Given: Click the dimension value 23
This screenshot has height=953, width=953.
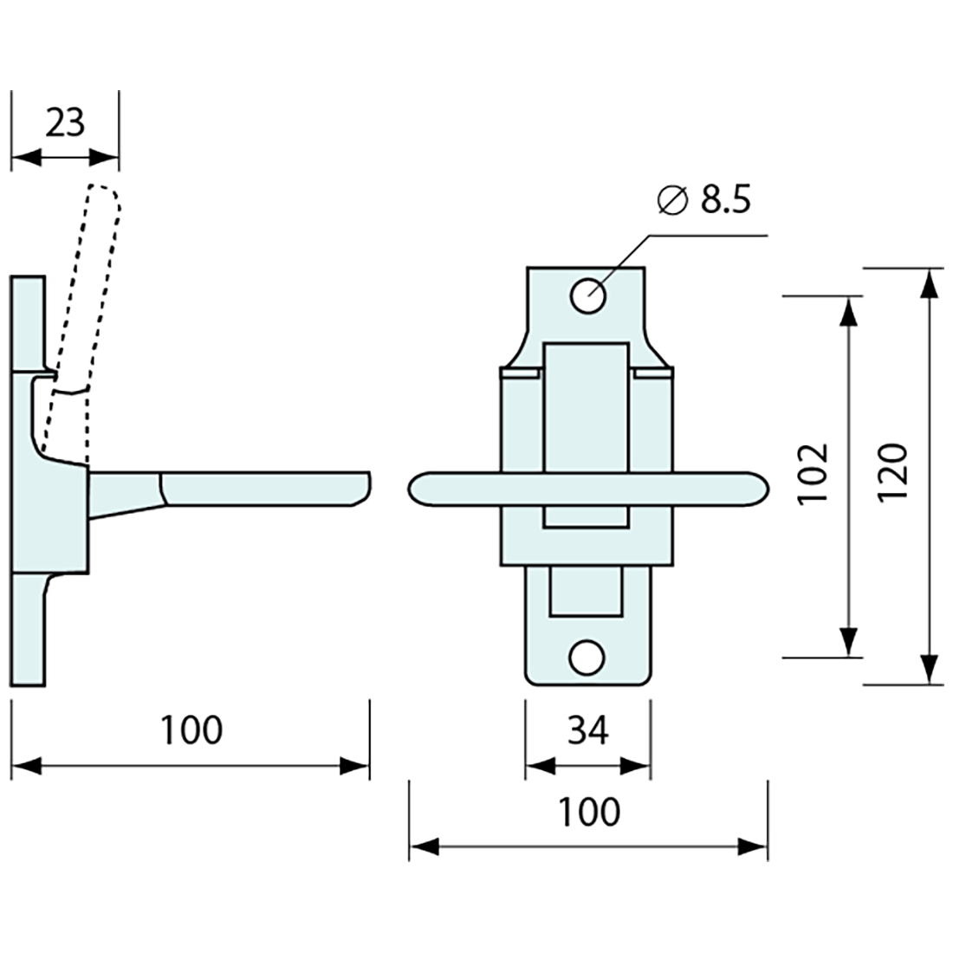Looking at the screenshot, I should click(65, 123).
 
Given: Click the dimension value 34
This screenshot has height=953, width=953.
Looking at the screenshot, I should click(588, 732).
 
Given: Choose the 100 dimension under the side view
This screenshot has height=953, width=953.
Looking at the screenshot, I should click(191, 730).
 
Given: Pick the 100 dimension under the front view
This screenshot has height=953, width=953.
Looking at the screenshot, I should click(589, 813).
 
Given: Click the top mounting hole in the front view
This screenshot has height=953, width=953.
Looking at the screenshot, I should click(587, 295).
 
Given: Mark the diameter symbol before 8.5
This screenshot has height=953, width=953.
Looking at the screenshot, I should click(672, 200).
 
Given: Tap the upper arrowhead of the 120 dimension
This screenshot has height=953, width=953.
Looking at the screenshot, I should click(928, 282).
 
